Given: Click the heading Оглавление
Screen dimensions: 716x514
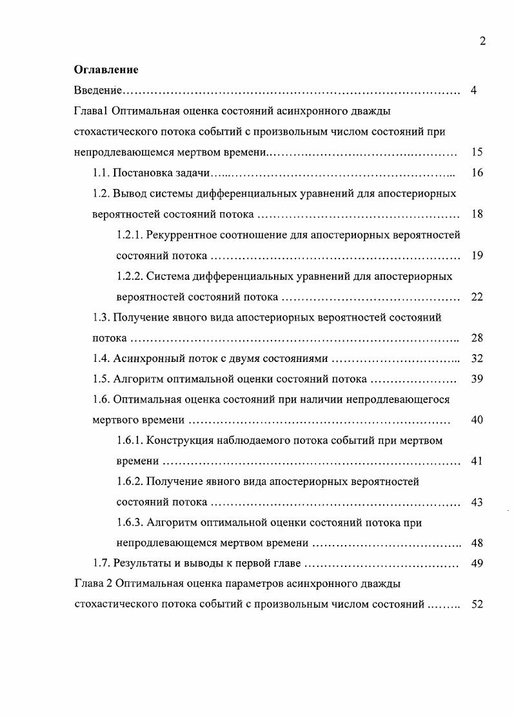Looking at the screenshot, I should (106, 70).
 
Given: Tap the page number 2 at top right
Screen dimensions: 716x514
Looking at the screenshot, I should (482, 42).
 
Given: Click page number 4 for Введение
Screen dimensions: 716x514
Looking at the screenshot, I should (473, 90).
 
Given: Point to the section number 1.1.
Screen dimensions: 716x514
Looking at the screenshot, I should (101, 173).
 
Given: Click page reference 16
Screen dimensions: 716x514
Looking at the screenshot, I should (477, 173).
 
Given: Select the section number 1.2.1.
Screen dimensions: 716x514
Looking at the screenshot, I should (130, 235).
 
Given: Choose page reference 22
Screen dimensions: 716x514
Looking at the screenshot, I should (477, 297).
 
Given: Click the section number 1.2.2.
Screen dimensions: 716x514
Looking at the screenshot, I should (130, 276).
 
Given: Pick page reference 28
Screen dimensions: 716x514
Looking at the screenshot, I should (477, 338).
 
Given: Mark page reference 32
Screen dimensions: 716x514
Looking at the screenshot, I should (477, 359).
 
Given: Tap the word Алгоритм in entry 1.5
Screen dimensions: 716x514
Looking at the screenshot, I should (137, 379).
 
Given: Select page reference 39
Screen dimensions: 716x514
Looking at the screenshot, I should (477, 379).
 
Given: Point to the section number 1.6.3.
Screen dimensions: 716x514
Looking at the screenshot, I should (130, 523).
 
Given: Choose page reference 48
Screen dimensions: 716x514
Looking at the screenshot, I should (477, 543).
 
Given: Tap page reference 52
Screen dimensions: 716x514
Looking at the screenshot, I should (477, 605).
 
